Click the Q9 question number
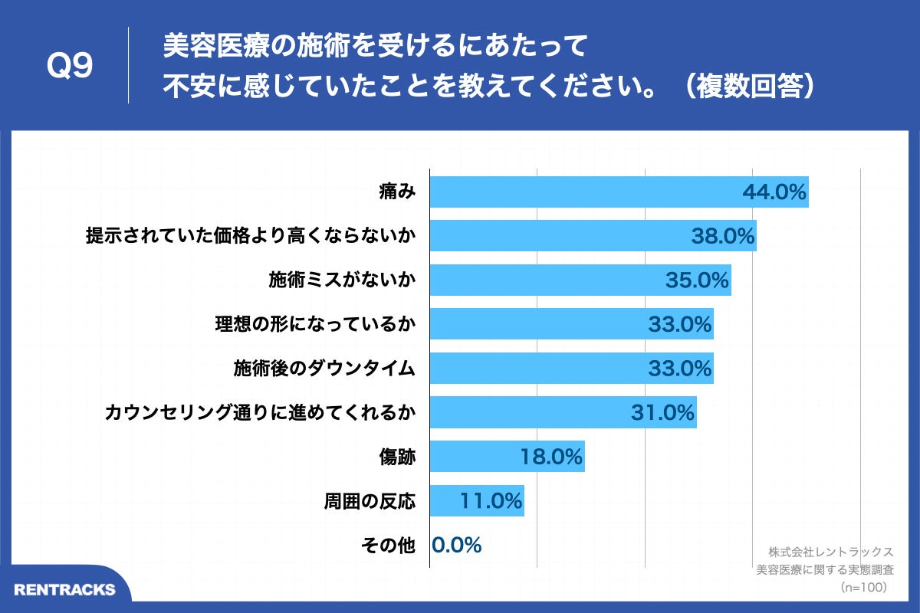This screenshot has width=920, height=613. pyautogui.click(x=70, y=67)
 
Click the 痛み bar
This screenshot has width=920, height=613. pyautogui.click(x=583, y=192)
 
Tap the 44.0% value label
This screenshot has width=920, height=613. pyautogui.click(x=774, y=192)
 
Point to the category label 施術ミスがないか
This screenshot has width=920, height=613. pyautogui.click(x=342, y=280)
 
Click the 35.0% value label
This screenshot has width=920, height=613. pyautogui.click(x=697, y=280)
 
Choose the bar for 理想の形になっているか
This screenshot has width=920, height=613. pyautogui.click(x=537, y=324)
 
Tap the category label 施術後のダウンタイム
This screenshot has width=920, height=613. pyautogui.click(x=324, y=369)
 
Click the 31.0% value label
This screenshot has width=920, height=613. pyautogui.click(x=662, y=413)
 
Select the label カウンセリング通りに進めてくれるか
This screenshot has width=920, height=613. pyautogui.click(x=260, y=413)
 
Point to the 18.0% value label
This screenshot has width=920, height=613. pyautogui.click(x=551, y=457)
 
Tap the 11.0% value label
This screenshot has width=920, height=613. pyautogui.click(x=491, y=501)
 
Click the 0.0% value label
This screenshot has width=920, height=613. pyautogui.click(x=457, y=545)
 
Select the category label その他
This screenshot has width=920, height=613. pyautogui.click(x=388, y=545)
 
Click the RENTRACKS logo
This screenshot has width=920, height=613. pyautogui.click(x=65, y=589)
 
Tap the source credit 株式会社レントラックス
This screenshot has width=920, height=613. pyautogui.click(x=830, y=551)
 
